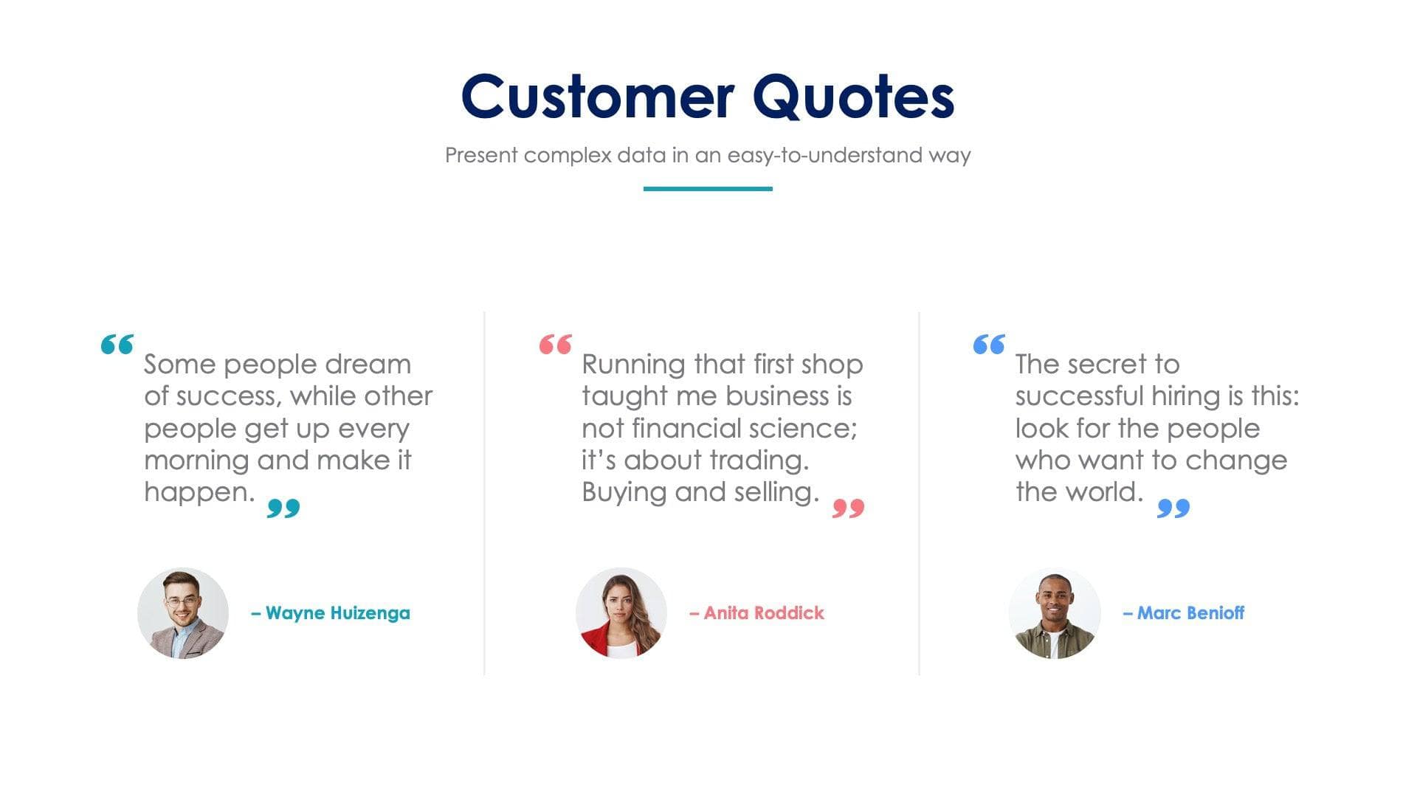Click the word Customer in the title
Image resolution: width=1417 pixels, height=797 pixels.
tap(598, 97)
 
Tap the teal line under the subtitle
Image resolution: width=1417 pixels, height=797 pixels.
tap(708, 189)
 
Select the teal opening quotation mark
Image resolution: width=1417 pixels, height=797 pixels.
tap(117, 344)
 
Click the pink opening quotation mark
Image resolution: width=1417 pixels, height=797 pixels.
tap(556, 344)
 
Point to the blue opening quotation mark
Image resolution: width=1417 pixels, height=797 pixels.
tap(989, 344)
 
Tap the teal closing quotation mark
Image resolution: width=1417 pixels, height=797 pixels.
tap(283, 508)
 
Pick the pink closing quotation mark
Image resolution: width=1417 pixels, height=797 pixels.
tap(848, 508)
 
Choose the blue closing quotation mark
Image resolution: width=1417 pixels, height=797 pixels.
tap(1173, 508)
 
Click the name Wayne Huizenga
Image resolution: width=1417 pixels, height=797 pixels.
tap(331, 613)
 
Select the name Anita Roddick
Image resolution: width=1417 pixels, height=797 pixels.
tap(757, 613)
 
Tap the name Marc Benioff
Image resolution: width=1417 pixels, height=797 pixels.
tap(1184, 613)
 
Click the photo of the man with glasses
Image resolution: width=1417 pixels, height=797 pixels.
tap(183, 613)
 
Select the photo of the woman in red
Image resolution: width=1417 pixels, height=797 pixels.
tap(621, 613)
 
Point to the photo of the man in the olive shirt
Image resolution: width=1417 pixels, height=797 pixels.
tap(1055, 613)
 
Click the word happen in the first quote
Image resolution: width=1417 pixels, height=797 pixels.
tap(199, 492)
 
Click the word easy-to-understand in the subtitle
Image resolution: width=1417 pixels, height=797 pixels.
tap(825, 156)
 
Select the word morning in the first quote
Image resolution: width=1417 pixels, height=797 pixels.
tap(196, 460)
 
